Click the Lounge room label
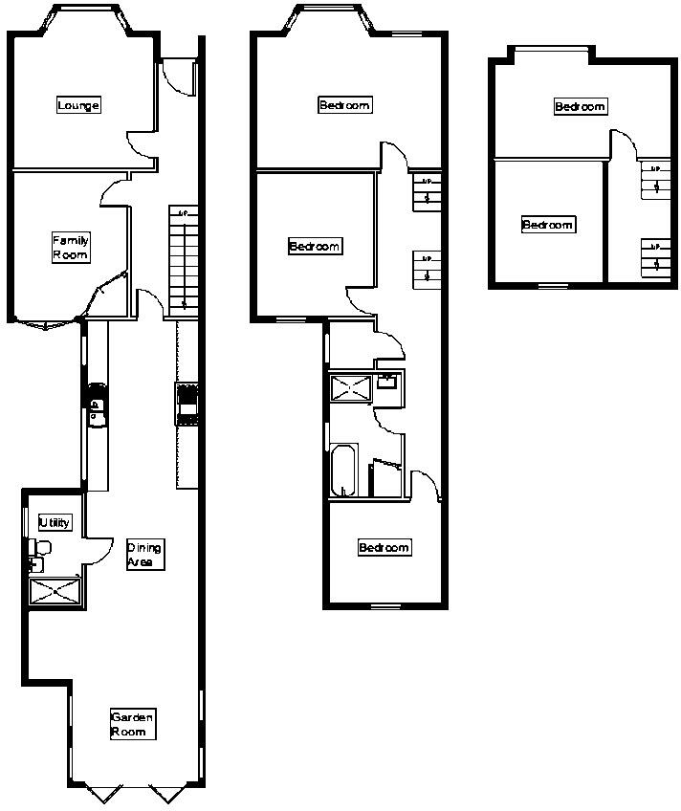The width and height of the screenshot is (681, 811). [78, 105]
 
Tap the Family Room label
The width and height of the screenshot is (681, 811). [71, 248]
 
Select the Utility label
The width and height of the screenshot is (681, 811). [55, 522]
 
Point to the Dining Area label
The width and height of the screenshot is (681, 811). [145, 555]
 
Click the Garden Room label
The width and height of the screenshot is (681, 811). [131, 724]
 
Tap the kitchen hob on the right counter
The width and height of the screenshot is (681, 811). [187, 403]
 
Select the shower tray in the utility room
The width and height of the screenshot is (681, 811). [55, 591]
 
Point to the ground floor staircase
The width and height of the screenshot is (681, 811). [184, 258]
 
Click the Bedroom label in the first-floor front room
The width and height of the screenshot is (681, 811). [344, 105]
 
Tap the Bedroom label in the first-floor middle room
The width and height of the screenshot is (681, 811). [315, 247]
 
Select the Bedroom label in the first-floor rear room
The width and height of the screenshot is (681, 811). [384, 548]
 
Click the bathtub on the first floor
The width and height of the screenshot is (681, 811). [344, 470]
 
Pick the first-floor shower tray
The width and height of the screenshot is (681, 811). [350, 389]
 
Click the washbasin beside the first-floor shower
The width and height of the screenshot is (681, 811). [388, 382]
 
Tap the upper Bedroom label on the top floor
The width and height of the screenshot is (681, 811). [580, 106]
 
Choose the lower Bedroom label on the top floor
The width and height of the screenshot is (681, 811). [548, 225]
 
